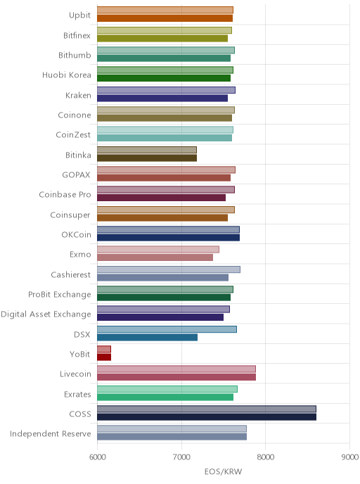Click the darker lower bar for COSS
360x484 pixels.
point(207,417)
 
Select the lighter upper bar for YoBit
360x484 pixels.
point(104,349)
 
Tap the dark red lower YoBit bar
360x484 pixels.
point(104,357)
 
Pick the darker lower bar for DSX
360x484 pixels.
point(147,338)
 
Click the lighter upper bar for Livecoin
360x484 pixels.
point(176,369)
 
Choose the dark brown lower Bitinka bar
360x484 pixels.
point(147,158)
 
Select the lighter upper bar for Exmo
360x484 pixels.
point(158,250)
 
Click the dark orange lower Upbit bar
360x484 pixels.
point(165,18)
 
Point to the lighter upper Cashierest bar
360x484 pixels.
point(169,269)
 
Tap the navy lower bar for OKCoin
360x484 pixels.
point(169,237)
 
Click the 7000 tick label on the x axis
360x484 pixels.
point(181,457)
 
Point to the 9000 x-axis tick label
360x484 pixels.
point(350,457)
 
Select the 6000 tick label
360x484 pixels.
point(97,457)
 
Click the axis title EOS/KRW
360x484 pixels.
point(224,471)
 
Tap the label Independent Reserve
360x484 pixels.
point(51,433)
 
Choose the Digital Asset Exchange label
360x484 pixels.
point(46,314)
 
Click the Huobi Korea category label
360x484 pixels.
point(67,75)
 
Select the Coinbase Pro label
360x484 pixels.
point(65,194)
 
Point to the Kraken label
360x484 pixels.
point(78,95)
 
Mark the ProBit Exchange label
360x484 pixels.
point(60,295)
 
